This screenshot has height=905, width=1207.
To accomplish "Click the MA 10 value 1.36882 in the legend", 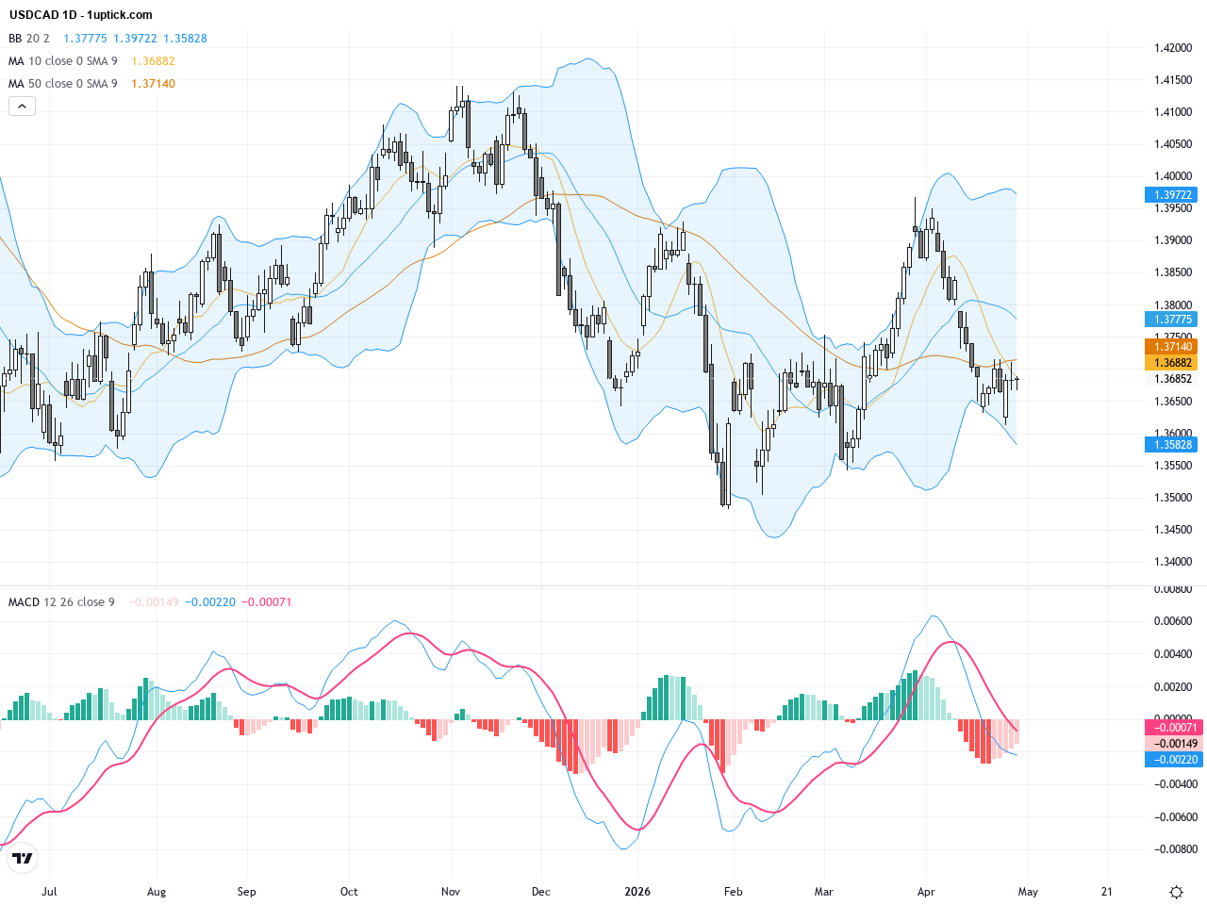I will point(153,61).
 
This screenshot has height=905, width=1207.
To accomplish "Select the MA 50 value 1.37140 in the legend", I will point(153,84).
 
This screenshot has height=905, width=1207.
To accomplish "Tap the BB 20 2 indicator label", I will point(28,39).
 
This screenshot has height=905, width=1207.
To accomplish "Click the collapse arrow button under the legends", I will point(22,107).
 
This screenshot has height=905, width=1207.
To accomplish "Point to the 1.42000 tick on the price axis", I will point(1173,48).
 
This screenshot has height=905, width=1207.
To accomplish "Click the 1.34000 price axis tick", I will point(1173,562).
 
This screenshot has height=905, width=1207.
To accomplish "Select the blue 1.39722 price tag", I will point(1173,195).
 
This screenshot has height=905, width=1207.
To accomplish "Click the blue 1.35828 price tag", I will point(1173,445).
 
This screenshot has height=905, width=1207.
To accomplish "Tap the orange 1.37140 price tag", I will point(1173,347).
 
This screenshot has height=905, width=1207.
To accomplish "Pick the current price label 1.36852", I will point(1173,379).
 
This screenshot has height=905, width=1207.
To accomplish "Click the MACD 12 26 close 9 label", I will point(61,602).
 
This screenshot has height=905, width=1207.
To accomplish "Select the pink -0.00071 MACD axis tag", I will point(1174,728).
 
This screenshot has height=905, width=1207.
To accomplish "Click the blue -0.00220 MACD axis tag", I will point(1174,760).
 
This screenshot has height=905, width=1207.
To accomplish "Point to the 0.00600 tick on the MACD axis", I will point(1174,621).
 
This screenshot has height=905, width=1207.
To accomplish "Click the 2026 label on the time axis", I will point(637,892).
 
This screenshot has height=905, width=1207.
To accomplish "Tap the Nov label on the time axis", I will point(451,892).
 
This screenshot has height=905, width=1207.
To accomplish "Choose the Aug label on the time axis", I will point(157,892).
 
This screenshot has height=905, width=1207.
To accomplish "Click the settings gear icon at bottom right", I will point(1176,892).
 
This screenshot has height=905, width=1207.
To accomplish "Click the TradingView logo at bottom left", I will point(22,858).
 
